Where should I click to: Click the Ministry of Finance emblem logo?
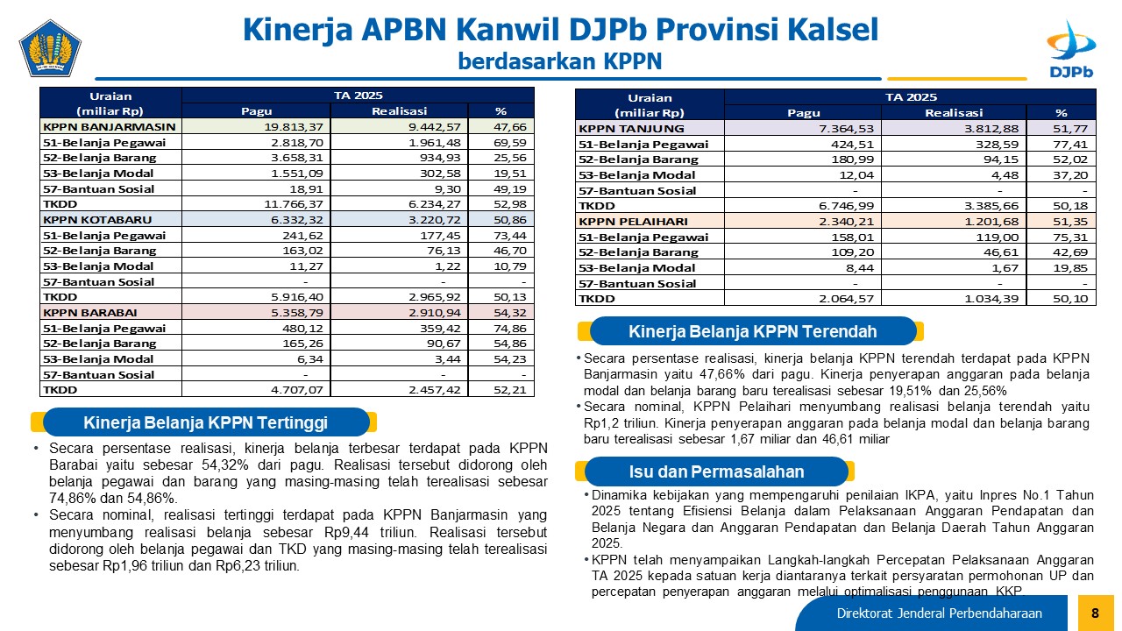pos(50,48)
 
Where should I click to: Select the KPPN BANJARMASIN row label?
pos(110,127)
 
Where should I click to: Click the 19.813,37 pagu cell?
pos(294,127)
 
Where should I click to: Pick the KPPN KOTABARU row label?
pos(97,220)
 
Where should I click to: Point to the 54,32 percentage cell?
pos(510,313)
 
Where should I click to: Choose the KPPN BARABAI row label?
pos(90,313)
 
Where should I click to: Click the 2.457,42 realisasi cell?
pos(434,390)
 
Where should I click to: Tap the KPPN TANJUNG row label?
pos(631,129)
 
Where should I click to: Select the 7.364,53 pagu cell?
pos(846,129)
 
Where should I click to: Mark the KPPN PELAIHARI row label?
pos(633,222)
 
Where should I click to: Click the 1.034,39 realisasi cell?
pos(991,299)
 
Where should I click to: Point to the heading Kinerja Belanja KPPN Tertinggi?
pos(205,422)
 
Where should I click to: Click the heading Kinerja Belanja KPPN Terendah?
pos(752,331)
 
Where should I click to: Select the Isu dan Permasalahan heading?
pos(716,471)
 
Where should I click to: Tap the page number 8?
pos(1095,613)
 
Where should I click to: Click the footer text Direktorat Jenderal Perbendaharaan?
pos(939,613)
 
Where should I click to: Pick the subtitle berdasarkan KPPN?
pos(560,61)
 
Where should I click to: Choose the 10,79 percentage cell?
pos(510,266)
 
